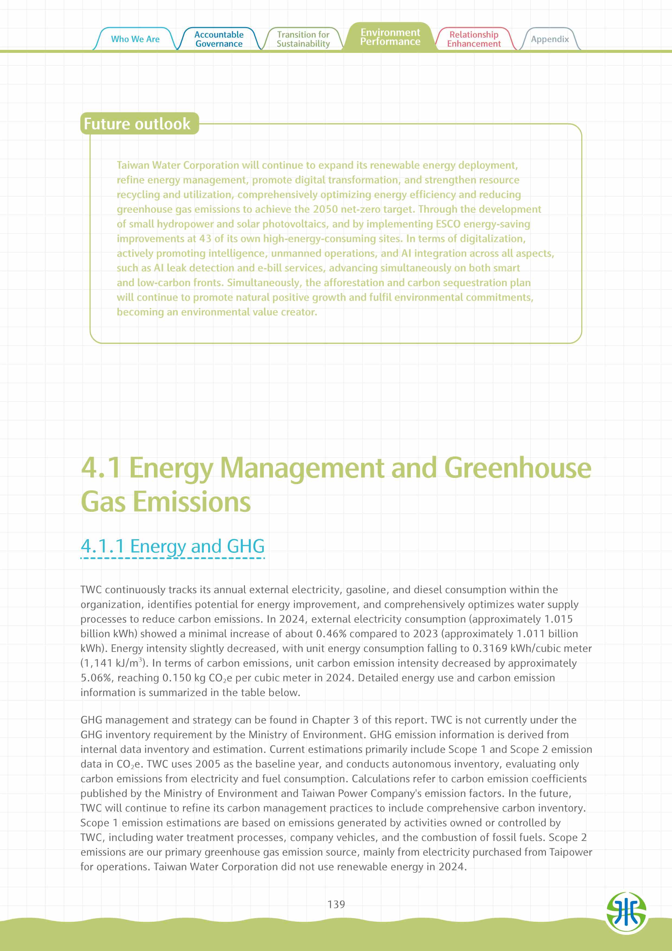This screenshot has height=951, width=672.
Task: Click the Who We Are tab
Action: tap(135, 39)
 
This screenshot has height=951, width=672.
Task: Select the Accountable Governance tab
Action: tap(219, 39)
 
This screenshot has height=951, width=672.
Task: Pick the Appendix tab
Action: tap(550, 39)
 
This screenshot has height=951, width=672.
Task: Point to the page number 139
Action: tap(336, 904)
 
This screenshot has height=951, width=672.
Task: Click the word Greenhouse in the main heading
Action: tap(517, 468)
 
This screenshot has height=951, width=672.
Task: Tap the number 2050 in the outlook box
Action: tap(325, 210)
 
